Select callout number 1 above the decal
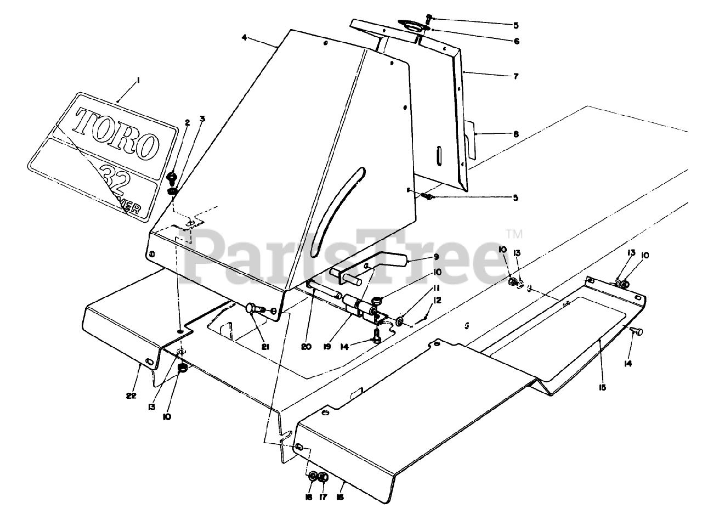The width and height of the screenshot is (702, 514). point(138,81)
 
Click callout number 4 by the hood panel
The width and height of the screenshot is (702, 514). point(244,38)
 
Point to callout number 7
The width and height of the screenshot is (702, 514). point(516,76)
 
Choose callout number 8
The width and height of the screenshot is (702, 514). point(516,133)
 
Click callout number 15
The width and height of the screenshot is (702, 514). point(602,387)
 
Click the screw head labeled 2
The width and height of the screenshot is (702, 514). point(172,178)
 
